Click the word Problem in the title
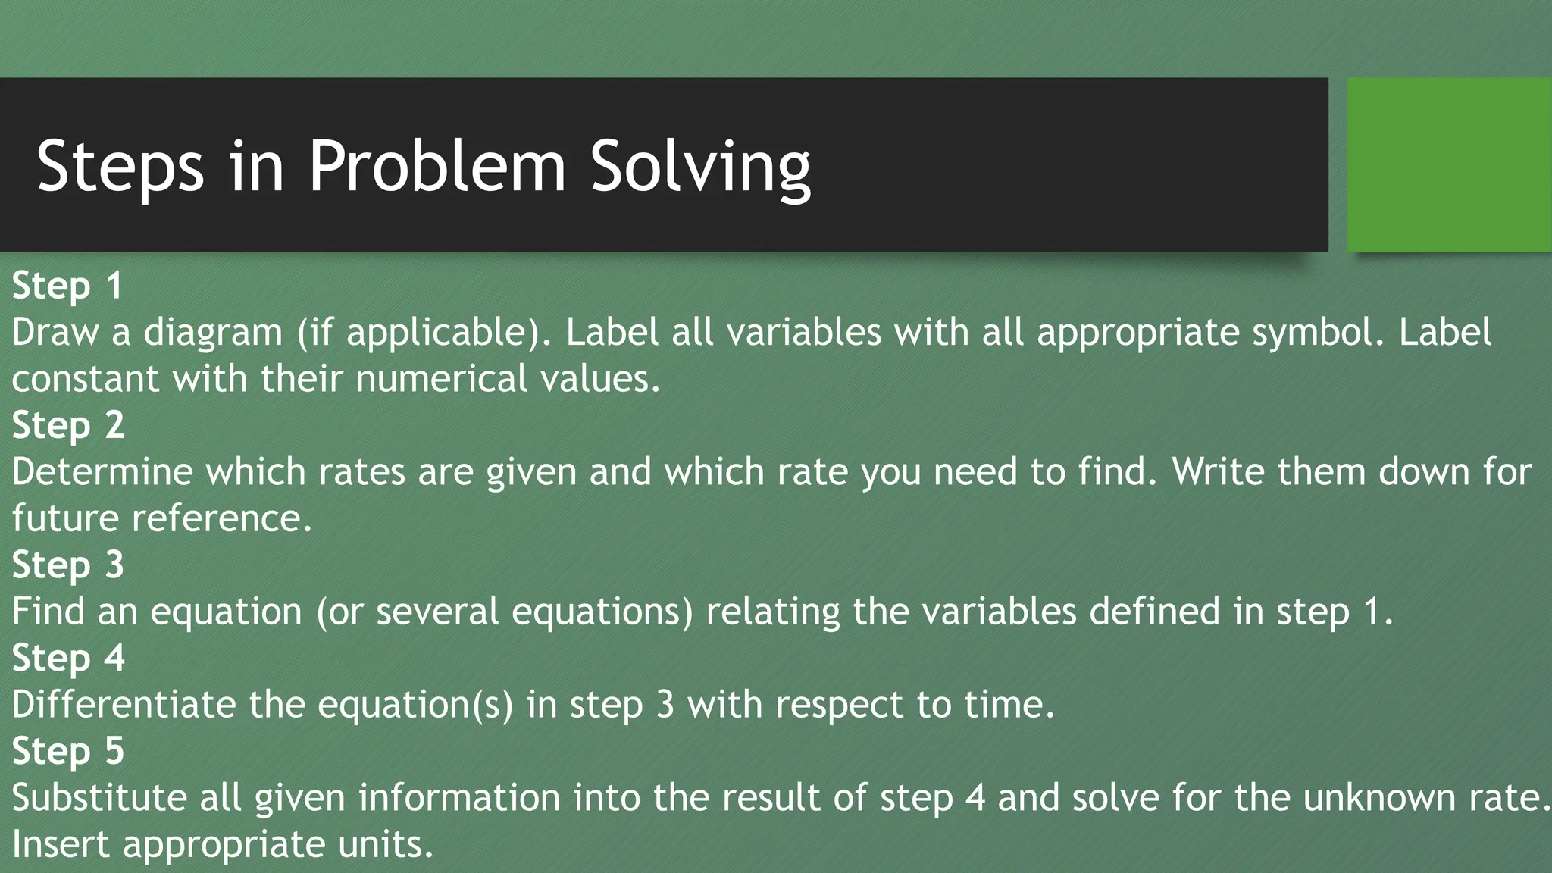(x=437, y=167)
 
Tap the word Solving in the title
(x=700, y=167)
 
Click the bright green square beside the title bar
(x=1449, y=164)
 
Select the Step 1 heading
(x=67, y=286)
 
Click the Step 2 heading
(x=68, y=425)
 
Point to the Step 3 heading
(x=68, y=565)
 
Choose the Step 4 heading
(x=68, y=659)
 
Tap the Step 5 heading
(x=68, y=752)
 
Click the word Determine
(x=102, y=472)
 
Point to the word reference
(x=221, y=519)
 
